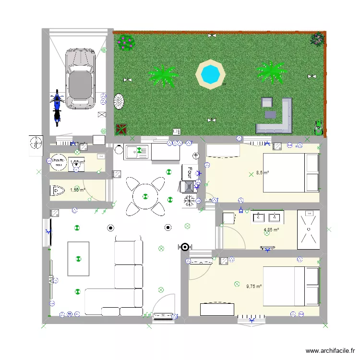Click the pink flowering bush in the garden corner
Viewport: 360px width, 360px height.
pyautogui.click(x=126, y=42)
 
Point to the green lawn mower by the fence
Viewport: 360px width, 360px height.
pyautogui.click(x=318, y=127)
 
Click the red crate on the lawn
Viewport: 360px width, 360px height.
pyautogui.click(x=121, y=129)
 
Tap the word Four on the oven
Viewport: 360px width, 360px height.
pyautogui.click(x=190, y=172)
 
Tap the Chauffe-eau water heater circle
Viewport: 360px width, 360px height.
pyautogui.click(x=59, y=162)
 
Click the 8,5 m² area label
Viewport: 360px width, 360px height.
pyautogui.click(x=263, y=172)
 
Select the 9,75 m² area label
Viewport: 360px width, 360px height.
pyautogui.click(x=254, y=287)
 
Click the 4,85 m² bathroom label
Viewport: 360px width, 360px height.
pyautogui.click(x=271, y=230)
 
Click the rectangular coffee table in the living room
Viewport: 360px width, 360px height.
pyautogui.click(x=78, y=259)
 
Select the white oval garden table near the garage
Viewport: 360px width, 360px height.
pyautogui.click(x=119, y=101)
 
